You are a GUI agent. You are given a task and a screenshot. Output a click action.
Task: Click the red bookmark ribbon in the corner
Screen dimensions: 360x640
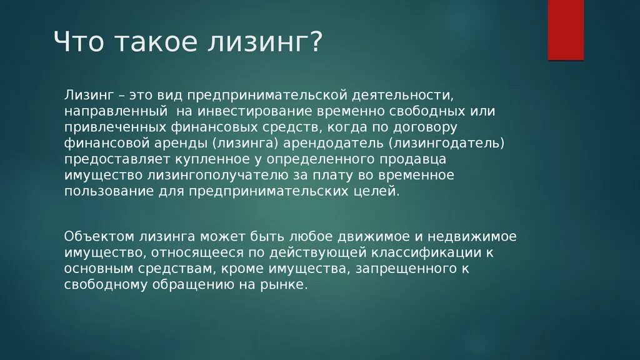click(x=566, y=29)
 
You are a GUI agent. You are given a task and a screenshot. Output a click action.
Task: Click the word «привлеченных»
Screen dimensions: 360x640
click(x=106, y=127)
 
